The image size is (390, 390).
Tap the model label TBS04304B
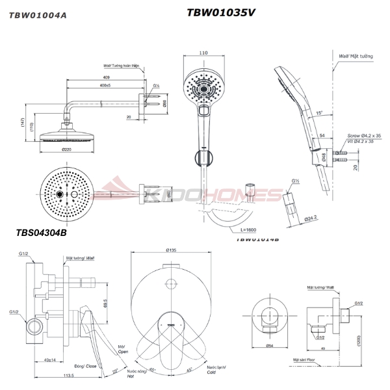[x=42, y=231]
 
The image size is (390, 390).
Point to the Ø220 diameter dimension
[x=66, y=149]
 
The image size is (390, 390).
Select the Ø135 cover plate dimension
[x=172, y=250]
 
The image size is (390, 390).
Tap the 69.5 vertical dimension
[x=105, y=303]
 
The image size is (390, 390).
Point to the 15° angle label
[x=318, y=112]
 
